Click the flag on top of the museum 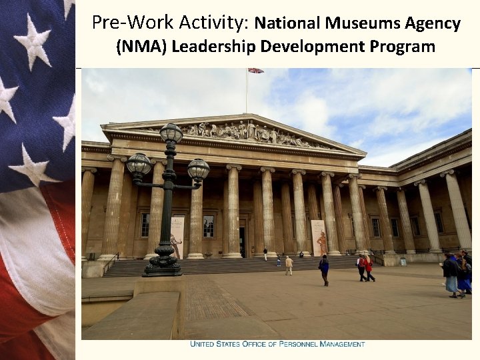pyautogui.click(x=256, y=70)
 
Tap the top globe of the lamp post pyautogui.click(x=171, y=133)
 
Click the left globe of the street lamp pyautogui.click(x=139, y=164)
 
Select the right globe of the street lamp pyautogui.click(x=198, y=169)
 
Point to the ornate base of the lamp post pyautogui.click(x=163, y=262)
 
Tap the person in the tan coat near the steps pyautogui.click(x=289, y=265)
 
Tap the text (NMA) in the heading pyautogui.click(x=139, y=47)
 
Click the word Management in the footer pyautogui.click(x=343, y=345)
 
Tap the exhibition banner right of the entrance pyautogui.click(x=319, y=237)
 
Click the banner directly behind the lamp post pyautogui.click(x=177, y=237)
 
